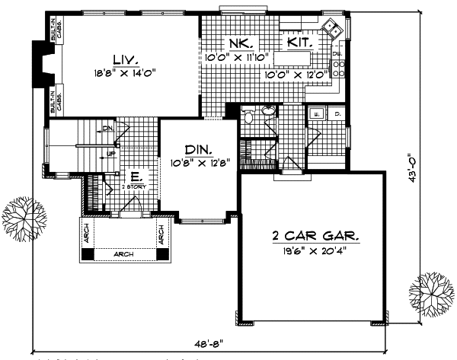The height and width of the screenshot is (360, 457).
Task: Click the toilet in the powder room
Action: [248, 116]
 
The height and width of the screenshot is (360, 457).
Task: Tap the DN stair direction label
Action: [107, 130]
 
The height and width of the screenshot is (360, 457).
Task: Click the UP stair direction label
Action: [111, 153]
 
